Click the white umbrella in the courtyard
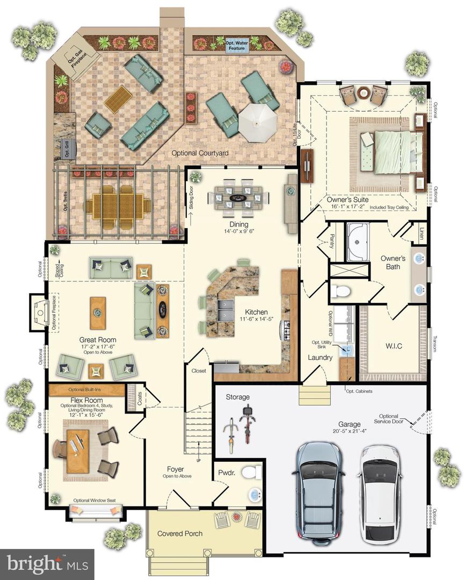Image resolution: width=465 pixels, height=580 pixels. point(257,122)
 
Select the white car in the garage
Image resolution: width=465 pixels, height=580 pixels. point(381,491)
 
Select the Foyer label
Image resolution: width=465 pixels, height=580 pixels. point(175,469)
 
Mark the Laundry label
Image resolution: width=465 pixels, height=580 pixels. point(320,358)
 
